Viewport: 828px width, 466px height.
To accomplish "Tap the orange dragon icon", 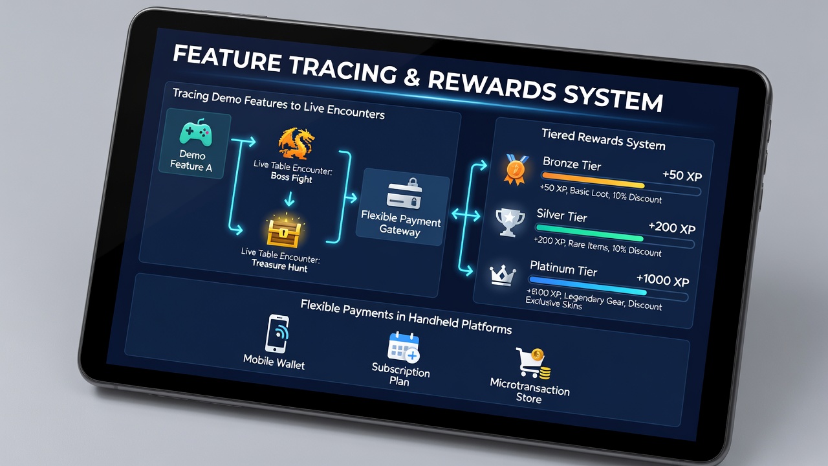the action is click(296, 144).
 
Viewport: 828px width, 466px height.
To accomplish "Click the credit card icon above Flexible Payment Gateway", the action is click(404, 194).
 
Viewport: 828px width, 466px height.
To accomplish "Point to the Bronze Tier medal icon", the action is click(516, 170).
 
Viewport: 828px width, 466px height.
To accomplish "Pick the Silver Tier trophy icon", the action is click(509, 222).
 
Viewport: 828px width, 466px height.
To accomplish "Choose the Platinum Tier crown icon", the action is click(503, 275).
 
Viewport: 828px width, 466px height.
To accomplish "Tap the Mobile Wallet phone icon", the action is click(277, 333).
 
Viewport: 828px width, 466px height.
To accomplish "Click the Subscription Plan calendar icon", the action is click(403, 347).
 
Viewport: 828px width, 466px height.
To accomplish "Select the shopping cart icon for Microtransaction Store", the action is click(534, 363).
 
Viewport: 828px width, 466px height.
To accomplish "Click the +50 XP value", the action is click(682, 175).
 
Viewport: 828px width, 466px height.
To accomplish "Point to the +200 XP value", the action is click(672, 227).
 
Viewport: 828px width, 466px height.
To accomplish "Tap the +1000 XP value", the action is click(663, 280).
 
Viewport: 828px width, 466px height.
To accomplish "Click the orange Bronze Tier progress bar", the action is click(593, 180).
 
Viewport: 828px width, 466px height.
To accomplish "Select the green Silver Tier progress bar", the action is click(589, 232).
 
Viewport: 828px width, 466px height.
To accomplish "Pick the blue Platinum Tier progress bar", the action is click(588, 285).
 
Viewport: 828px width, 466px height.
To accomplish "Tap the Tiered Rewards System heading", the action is click(604, 140).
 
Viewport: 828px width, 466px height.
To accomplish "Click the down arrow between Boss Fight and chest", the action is click(289, 199).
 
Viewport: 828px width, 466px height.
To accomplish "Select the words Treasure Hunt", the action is click(279, 265).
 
